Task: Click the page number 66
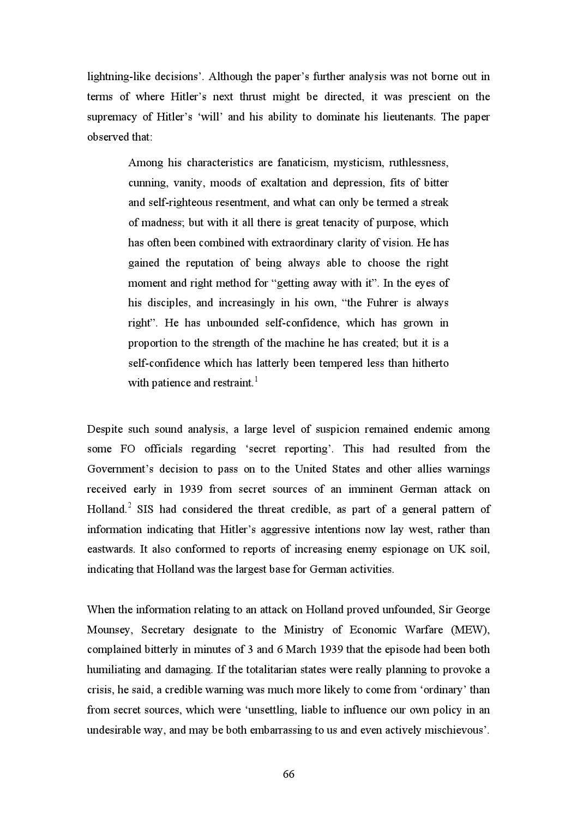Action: (288, 774)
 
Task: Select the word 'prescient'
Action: (430, 96)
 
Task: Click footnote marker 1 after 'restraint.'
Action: (256, 380)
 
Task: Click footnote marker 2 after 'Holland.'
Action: (130, 506)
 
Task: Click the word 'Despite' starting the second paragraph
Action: (104, 429)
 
